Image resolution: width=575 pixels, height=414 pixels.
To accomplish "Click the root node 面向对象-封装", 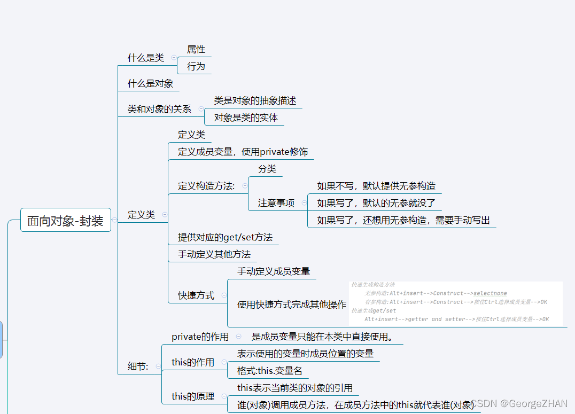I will pos(65,220).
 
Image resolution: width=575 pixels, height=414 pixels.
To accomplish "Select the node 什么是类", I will pos(145,58).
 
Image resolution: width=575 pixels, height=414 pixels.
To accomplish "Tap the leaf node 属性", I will pos(196,50).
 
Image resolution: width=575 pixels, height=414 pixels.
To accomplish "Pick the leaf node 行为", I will pos(196,66).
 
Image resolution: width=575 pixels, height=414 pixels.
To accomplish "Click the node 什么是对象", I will pos(150,83).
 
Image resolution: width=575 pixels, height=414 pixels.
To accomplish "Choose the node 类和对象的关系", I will pos(159,109).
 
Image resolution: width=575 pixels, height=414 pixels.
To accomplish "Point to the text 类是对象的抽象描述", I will pos(255,100).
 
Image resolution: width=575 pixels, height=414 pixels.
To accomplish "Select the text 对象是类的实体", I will pos(246,118).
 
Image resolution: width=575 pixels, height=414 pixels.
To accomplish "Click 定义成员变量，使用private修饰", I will pos(243,152).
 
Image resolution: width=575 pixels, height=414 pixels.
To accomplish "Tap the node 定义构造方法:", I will pos(206,186).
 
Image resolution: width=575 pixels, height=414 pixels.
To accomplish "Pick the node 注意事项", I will pos(276,203).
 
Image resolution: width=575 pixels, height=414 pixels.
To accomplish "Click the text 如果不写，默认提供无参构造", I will pos(376,186).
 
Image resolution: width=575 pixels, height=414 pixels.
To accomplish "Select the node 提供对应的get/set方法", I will pos(225,237).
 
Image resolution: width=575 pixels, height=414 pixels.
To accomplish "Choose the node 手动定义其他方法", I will pos(214,254).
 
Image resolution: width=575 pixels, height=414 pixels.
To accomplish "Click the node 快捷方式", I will pos(196,295).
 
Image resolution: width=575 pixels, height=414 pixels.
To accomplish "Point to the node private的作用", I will pos(200,337).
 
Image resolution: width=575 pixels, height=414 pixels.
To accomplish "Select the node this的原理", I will pos(192,396).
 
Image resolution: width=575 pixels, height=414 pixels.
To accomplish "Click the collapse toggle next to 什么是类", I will pos(174,58).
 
